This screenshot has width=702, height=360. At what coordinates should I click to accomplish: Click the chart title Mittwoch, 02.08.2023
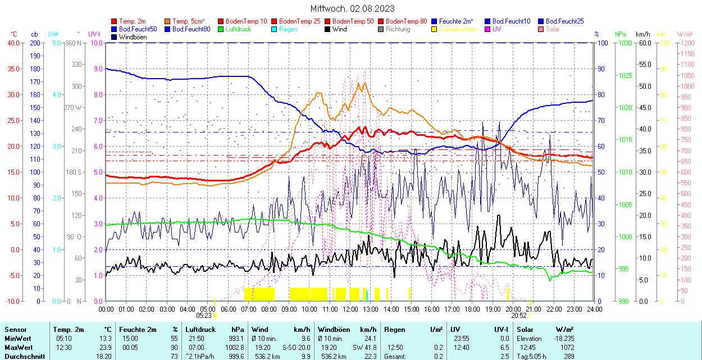point(352,8)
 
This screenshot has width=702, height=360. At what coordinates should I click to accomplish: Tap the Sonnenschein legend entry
point(458,29)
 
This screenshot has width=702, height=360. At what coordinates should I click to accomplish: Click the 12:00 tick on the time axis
point(350,309)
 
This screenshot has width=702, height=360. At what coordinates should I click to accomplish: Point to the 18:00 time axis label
point(472,309)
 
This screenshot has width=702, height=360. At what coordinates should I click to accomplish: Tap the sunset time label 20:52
point(518,316)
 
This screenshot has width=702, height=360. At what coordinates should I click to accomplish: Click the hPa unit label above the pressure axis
point(621,34)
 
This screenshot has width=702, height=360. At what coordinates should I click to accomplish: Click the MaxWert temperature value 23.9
point(106,347)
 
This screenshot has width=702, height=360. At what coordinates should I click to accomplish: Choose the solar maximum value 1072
point(567,347)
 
